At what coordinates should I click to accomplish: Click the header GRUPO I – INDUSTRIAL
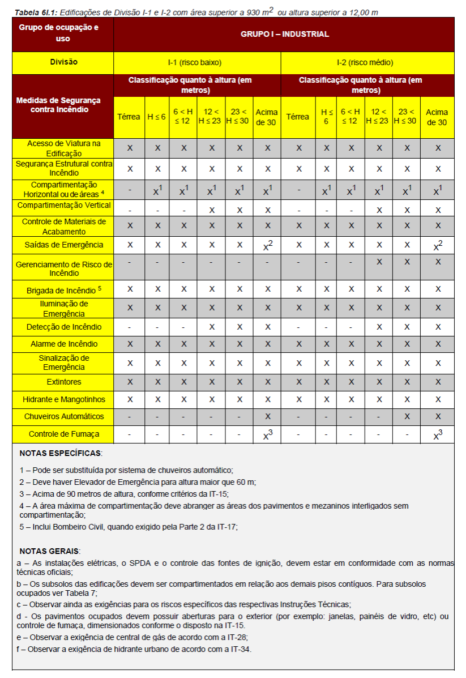(284, 34)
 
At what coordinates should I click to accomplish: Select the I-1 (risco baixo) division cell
(194, 62)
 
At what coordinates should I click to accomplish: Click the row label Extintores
(63, 382)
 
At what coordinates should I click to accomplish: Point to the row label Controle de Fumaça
(63, 434)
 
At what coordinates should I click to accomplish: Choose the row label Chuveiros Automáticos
(63, 416)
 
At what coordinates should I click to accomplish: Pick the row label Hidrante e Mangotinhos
(63, 399)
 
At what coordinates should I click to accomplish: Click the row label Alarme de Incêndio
(63, 344)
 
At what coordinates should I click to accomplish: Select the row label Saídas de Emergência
(63, 245)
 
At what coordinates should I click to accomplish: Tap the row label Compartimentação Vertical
(63, 205)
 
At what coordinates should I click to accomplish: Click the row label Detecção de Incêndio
(63, 327)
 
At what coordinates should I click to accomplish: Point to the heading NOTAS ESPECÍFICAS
(61, 454)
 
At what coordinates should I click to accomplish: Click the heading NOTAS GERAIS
(50, 551)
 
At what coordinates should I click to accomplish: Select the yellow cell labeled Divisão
(63, 62)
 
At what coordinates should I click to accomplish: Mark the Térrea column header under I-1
(129, 117)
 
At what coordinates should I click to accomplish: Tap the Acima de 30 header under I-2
(437, 117)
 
